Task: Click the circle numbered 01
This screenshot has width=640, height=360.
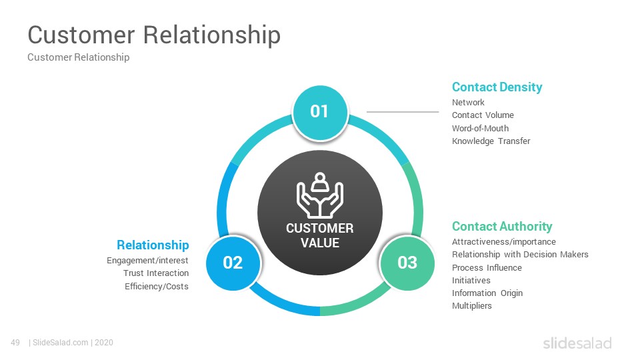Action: (320, 112)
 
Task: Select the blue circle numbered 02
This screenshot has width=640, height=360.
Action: (233, 263)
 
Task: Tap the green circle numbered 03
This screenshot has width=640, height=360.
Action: (407, 263)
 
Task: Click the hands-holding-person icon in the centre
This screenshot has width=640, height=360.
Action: (319, 195)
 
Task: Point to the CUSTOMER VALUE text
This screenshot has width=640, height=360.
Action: (319, 235)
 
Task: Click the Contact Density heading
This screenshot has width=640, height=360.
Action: (497, 87)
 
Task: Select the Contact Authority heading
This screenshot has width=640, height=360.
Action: (501, 226)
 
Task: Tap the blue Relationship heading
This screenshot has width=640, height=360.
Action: (153, 245)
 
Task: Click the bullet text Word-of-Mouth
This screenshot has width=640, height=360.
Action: (480, 128)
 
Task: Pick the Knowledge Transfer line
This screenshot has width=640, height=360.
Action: (491, 141)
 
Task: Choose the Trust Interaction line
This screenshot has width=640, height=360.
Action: (156, 273)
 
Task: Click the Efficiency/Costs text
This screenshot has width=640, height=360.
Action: (156, 286)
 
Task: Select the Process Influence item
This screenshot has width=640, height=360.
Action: (487, 268)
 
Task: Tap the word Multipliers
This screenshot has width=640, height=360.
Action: (471, 306)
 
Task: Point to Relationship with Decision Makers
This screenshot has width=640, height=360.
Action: (520, 254)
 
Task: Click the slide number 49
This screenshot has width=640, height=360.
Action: (15, 343)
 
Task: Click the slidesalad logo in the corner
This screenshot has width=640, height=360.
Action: (577, 343)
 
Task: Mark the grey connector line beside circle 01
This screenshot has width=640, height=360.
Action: (403, 111)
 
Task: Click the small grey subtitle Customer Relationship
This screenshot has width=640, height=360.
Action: (79, 57)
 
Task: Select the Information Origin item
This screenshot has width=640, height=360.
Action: (487, 293)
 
